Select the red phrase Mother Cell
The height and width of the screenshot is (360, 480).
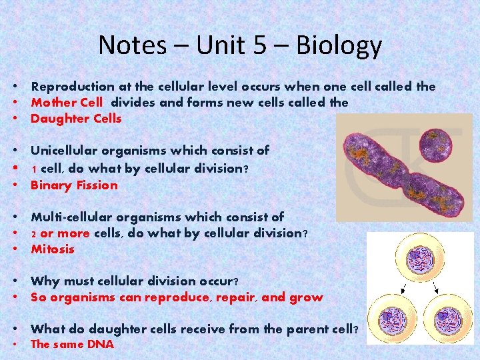[67, 102]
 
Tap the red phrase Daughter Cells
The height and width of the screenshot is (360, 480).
[76, 119]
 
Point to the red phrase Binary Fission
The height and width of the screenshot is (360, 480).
[74, 185]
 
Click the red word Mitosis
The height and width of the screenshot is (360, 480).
[53, 249]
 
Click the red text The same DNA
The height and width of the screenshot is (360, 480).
[72, 345]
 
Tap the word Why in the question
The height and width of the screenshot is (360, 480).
[43, 281]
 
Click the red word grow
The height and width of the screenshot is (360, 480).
[307, 297]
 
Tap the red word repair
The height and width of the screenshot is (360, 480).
[233, 297]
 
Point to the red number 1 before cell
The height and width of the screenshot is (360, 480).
[34, 169]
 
